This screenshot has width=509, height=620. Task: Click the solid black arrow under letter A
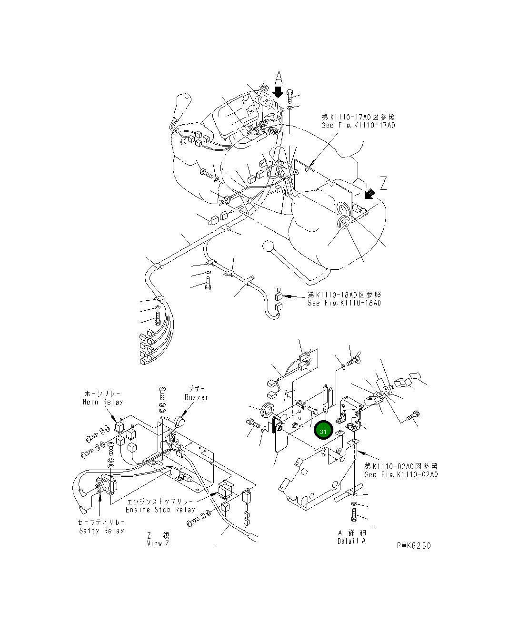click(279, 91)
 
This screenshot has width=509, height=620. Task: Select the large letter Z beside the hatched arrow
click(383, 183)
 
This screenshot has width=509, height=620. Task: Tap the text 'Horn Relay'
click(103, 402)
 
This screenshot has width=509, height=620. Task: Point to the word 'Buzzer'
click(197, 397)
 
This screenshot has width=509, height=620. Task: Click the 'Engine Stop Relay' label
click(160, 509)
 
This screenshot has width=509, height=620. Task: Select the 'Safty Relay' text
click(101, 531)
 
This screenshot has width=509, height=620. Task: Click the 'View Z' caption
click(158, 543)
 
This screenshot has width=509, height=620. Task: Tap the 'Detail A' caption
click(352, 541)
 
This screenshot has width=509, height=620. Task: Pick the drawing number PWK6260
click(413, 546)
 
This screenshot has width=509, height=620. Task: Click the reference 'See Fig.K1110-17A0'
click(358, 125)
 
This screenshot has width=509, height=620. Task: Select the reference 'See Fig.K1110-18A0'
click(344, 303)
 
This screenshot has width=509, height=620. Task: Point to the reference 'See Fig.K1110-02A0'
click(401, 474)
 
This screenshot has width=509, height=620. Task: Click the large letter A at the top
click(279, 78)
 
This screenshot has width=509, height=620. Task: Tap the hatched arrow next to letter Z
click(369, 194)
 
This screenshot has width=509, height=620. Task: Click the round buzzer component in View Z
click(180, 422)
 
